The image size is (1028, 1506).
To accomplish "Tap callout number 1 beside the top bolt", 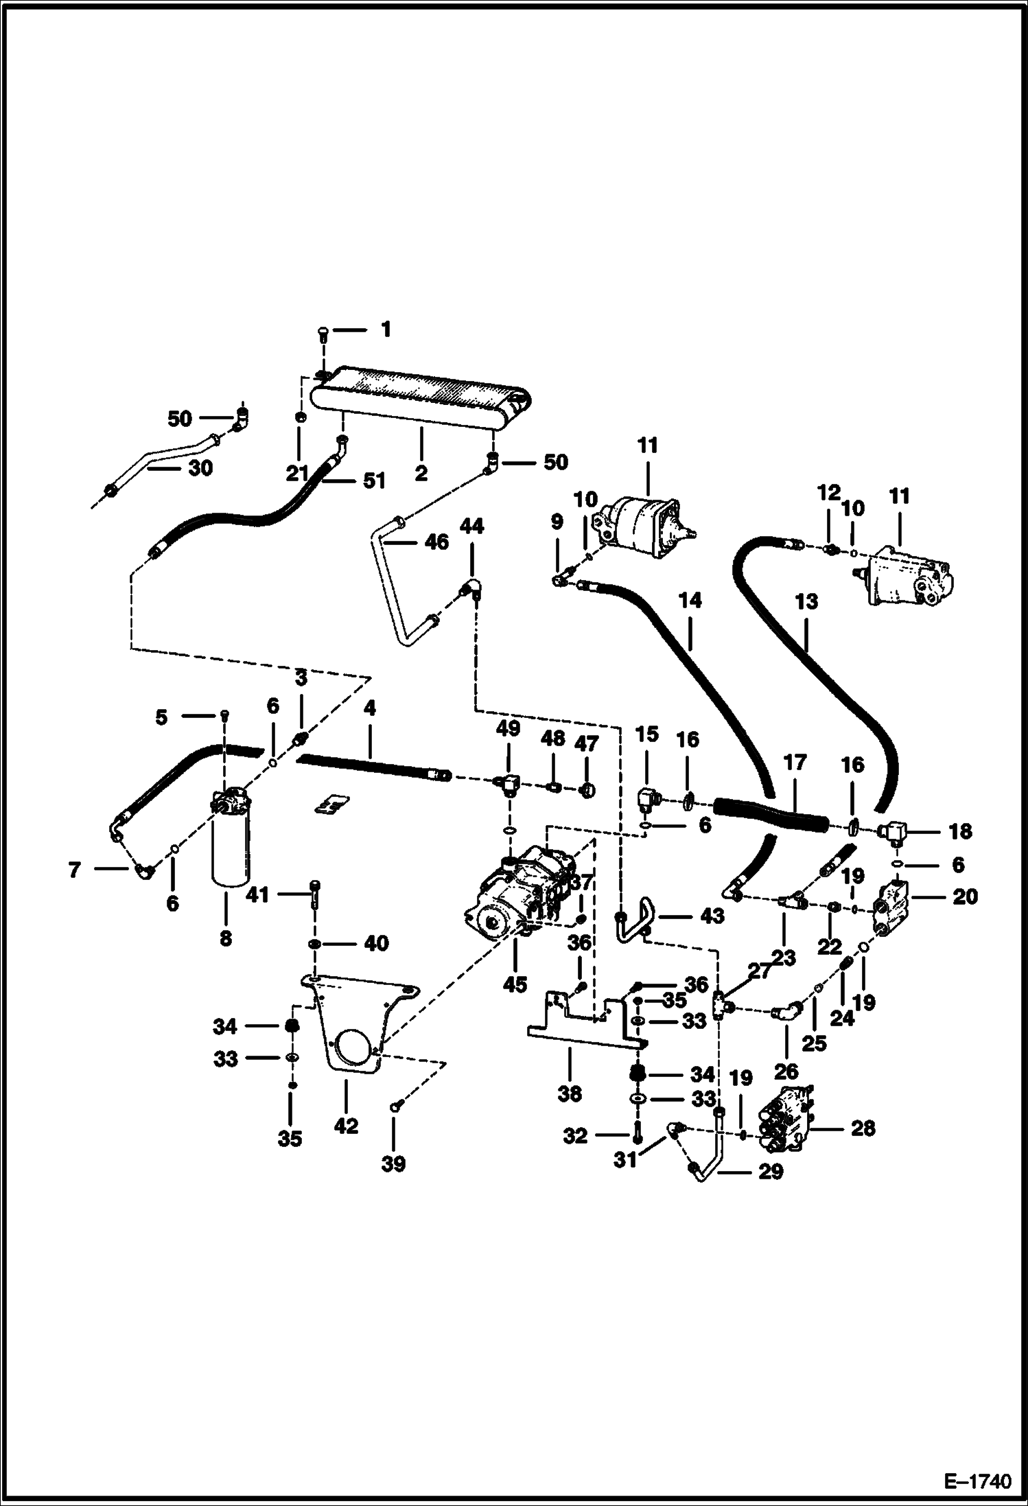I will [x=386, y=330].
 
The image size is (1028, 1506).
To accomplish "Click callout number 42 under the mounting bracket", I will [x=347, y=1126].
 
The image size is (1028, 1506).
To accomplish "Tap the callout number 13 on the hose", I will [x=808, y=602].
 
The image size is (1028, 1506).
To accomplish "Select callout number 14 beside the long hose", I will [x=690, y=601].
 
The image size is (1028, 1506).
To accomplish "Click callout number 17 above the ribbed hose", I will [x=793, y=763].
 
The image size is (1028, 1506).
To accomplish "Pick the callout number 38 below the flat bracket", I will [x=570, y=1093].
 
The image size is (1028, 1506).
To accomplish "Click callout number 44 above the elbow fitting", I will [x=472, y=526].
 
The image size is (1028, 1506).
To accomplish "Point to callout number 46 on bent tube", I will [x=436, y=542].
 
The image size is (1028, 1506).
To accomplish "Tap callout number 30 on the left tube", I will [x=200, y=468].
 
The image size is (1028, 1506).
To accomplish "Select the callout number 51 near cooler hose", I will [x=374, y=480].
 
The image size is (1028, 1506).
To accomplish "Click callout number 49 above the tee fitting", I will [x=509, y=728].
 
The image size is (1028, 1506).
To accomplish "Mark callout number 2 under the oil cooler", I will [x=421, y=473].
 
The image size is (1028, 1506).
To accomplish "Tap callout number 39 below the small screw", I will [x=394, y=1163].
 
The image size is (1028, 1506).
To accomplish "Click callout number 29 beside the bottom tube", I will [x=770, y=1171].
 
